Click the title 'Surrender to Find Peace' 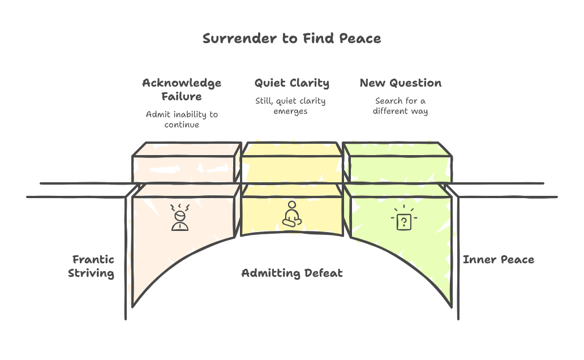click(x=291, y=38)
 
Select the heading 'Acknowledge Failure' click(x=181, y=89)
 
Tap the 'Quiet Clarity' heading click(x=291, y=83)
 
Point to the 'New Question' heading click(x=401, y=83)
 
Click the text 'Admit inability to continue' click(x=181, y=119)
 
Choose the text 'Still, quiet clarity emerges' click(x=290, y=106)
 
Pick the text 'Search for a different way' click(x=400, y=106)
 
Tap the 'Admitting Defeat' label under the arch click(x=291, y=273)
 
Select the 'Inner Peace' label click(x=498, y=260)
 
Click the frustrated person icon click(x=179, y=218)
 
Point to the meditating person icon click(x=291, y=215)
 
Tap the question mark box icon click(x=402, y=220)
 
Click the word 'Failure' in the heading click(x=181, y=96)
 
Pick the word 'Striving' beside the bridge click(x=91, y=273)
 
